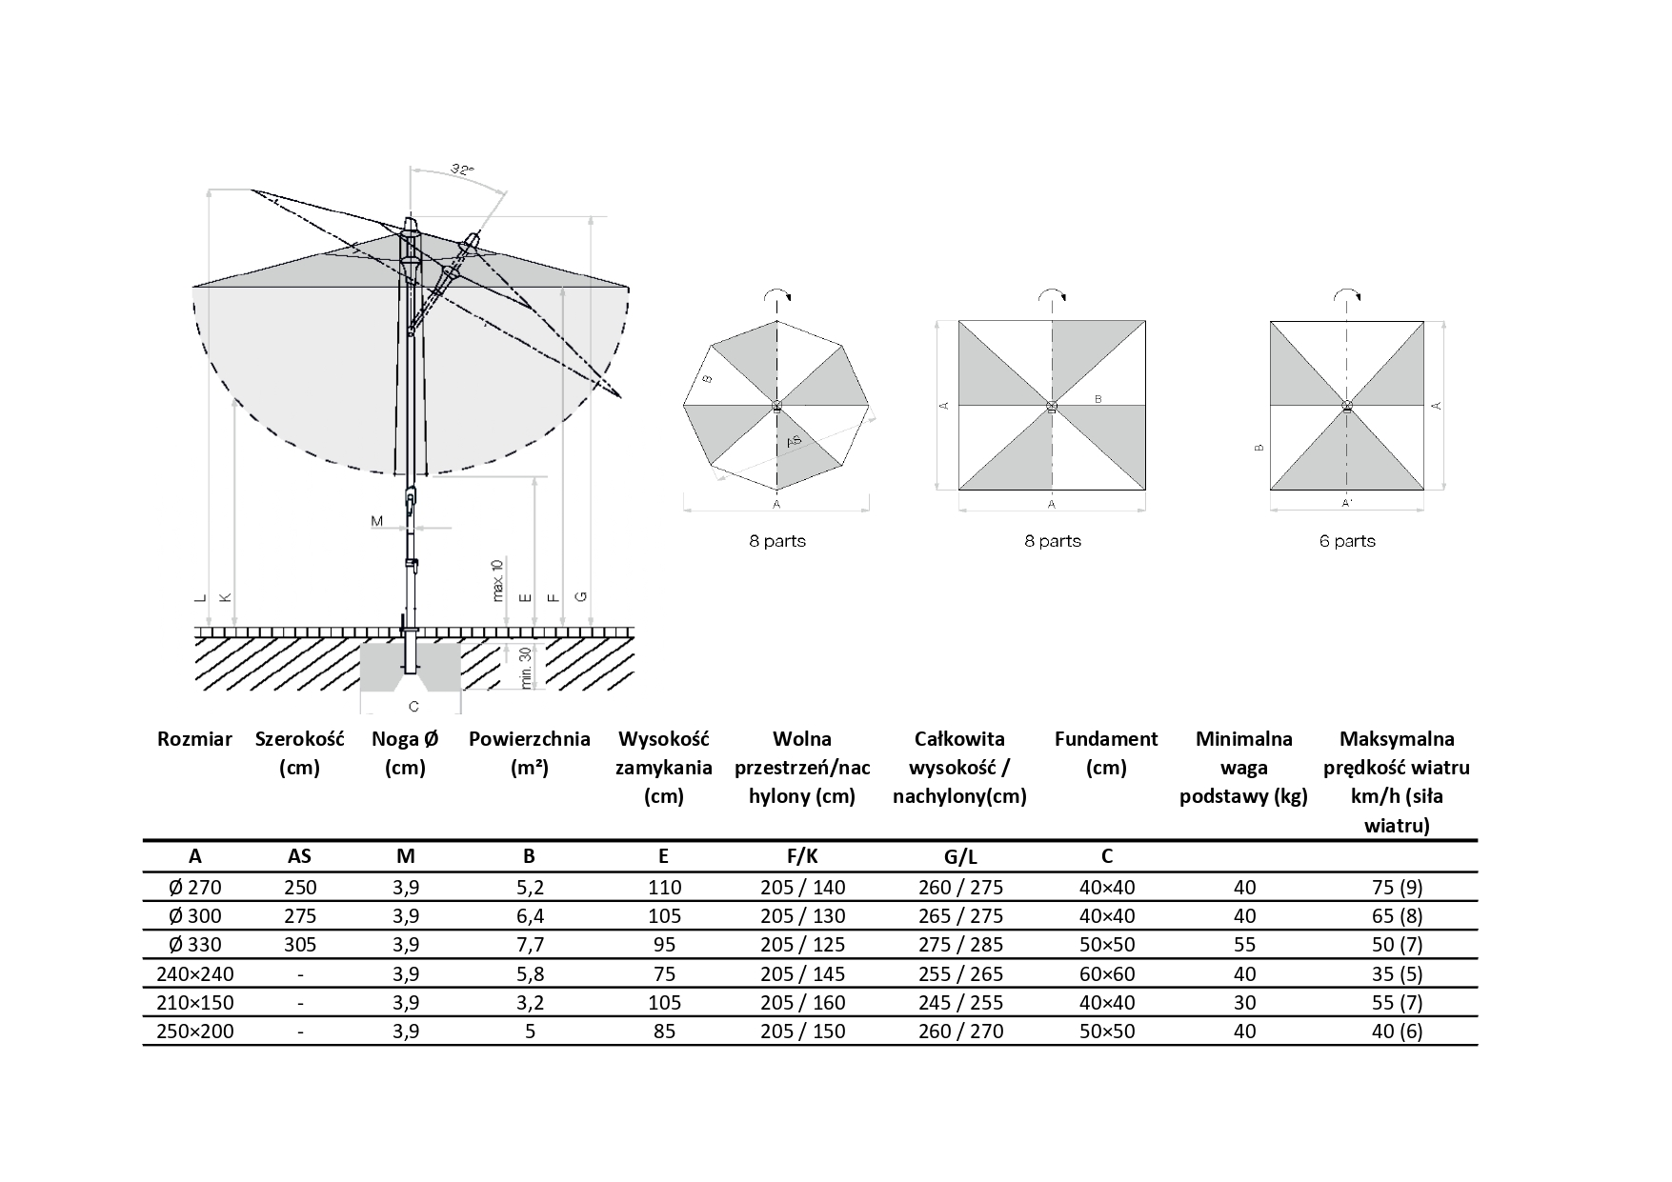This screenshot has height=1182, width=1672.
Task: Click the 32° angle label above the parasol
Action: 462,170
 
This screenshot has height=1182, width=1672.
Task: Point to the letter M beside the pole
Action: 376,521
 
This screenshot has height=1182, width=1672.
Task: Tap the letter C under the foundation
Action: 413,706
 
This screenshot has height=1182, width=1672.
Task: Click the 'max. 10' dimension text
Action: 497,579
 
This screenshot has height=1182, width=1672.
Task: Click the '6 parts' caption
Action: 1347,541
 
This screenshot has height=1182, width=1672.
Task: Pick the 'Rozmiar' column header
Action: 194,739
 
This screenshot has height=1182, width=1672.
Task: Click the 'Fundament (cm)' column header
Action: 1106,753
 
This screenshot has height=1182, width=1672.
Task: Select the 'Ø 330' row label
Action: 194,945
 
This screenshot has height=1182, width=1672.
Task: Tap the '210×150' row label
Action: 194,1002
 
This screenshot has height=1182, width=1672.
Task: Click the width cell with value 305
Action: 300,945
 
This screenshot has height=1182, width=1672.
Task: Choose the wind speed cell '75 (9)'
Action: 1397,888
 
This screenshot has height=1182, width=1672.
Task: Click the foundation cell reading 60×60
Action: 1106,973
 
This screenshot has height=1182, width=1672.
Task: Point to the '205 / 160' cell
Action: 803,1002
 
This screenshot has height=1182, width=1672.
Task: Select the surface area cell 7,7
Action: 530,945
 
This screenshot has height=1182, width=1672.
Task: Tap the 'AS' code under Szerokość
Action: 300,856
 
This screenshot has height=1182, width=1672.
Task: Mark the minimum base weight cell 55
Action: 1244,945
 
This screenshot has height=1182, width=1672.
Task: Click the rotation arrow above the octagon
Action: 777,296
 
